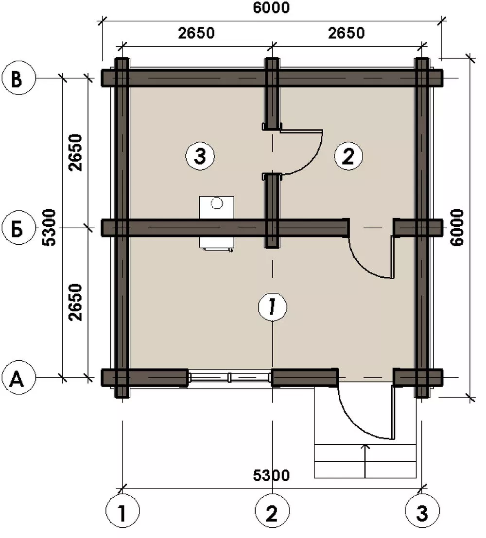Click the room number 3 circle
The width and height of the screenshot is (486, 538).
tap(200, 156)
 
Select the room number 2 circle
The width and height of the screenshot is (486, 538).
tap(348, 156)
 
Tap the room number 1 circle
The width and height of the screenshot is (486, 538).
tap(272, 306)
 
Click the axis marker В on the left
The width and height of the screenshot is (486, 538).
tap(18, 78)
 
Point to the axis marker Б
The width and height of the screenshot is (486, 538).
tap(18, 227)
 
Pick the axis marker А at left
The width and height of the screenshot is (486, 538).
tap(18, 377)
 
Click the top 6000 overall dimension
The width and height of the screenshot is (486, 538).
tap(271, 8)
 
